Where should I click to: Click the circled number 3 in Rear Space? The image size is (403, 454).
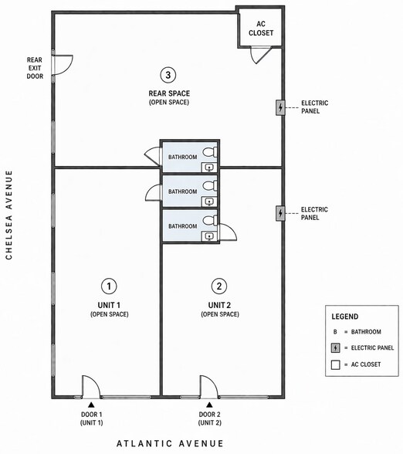click(x=168, y=75)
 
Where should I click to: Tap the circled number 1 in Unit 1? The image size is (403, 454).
click(x=109, y=286)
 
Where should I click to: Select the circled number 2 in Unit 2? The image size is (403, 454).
click(x=219, y=286)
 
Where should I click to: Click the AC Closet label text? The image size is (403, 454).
click(x=261, y=29)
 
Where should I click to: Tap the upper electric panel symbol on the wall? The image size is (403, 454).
click(x=280, y=108)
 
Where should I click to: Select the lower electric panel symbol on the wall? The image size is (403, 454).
click(x=280, y=213)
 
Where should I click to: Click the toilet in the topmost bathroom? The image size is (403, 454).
click(x=210, y=152)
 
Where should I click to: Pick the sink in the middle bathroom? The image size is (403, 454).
click(x=209, y=202)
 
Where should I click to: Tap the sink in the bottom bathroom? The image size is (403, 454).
click(x=209, y=236)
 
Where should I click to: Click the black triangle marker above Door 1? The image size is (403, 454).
click(x=91, y=405)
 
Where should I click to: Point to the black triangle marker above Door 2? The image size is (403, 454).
click(x=209, y=405)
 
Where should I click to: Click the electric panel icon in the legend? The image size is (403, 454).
click(x=336, y=347)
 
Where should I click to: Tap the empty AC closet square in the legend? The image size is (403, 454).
click(x=336, y=364)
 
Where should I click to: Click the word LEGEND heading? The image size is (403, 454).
click(x=345, y=317)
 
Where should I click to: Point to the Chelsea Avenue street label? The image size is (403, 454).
click(x=9, y=215)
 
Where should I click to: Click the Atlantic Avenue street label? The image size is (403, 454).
click(x=170, y=443)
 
